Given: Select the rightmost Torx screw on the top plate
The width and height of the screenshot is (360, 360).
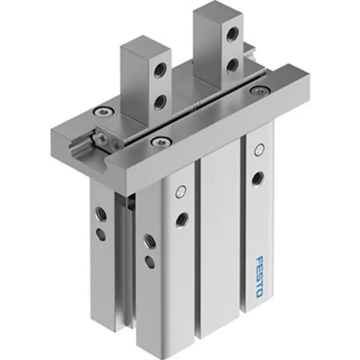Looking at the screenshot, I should point(256,91).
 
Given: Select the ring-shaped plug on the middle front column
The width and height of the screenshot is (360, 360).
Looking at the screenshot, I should point(180,192).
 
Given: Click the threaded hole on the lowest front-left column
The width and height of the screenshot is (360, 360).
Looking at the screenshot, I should point(149,239).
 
